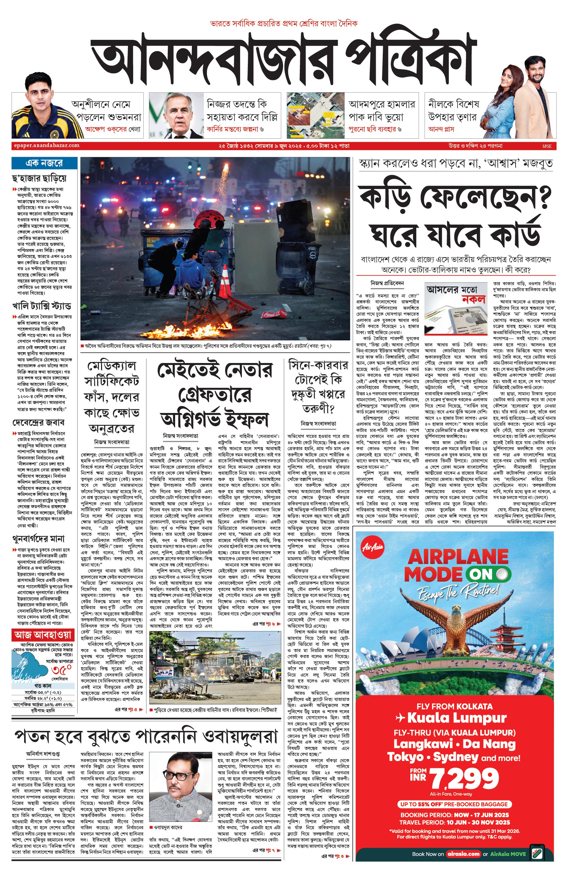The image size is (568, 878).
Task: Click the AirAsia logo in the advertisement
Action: (x=373, y=547)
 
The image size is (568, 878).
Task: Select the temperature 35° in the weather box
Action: (x=61, y=670)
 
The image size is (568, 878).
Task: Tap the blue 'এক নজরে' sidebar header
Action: (x=44, y=163)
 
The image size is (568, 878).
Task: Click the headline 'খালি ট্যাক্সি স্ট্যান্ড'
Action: (x=41, y=306)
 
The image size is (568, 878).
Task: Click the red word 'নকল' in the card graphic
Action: (x=473, y=299)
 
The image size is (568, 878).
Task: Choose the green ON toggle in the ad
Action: (x=488, y=574)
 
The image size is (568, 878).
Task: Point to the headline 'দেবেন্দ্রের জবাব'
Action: (x=38, y=422)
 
